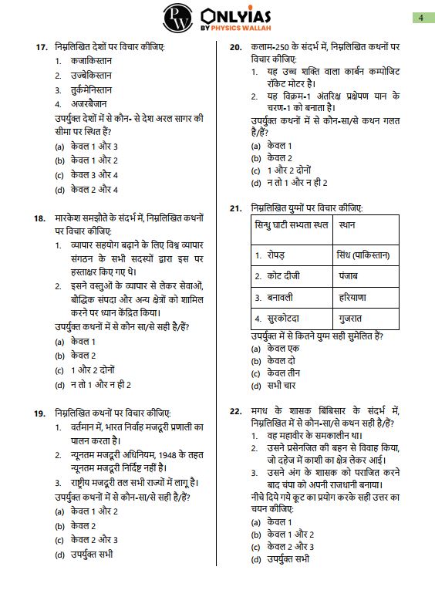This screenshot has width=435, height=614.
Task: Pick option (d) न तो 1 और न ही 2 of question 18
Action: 93,383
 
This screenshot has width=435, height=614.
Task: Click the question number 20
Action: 238,47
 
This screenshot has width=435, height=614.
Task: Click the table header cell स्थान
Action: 347,225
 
